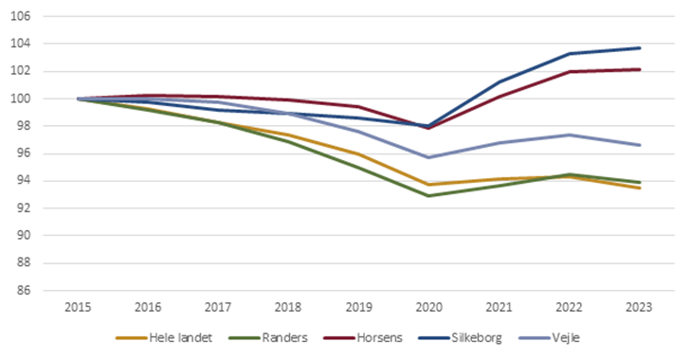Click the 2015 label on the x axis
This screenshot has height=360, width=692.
point(78,308)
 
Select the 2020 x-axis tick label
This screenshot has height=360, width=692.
point(428,308)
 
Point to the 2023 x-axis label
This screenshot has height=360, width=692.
point(639,308)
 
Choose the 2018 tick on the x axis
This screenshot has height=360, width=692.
point(288,308)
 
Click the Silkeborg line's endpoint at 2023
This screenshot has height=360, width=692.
point(639,47)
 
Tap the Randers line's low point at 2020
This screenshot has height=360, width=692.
point(428,196)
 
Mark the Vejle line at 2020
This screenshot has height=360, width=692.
point(428,157)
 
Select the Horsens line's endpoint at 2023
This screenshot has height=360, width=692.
point(639,69)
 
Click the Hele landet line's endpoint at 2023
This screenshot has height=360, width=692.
point(639,188)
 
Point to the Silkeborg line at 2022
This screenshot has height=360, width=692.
point(569,53)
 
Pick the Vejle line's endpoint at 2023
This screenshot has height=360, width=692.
point(639,145)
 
